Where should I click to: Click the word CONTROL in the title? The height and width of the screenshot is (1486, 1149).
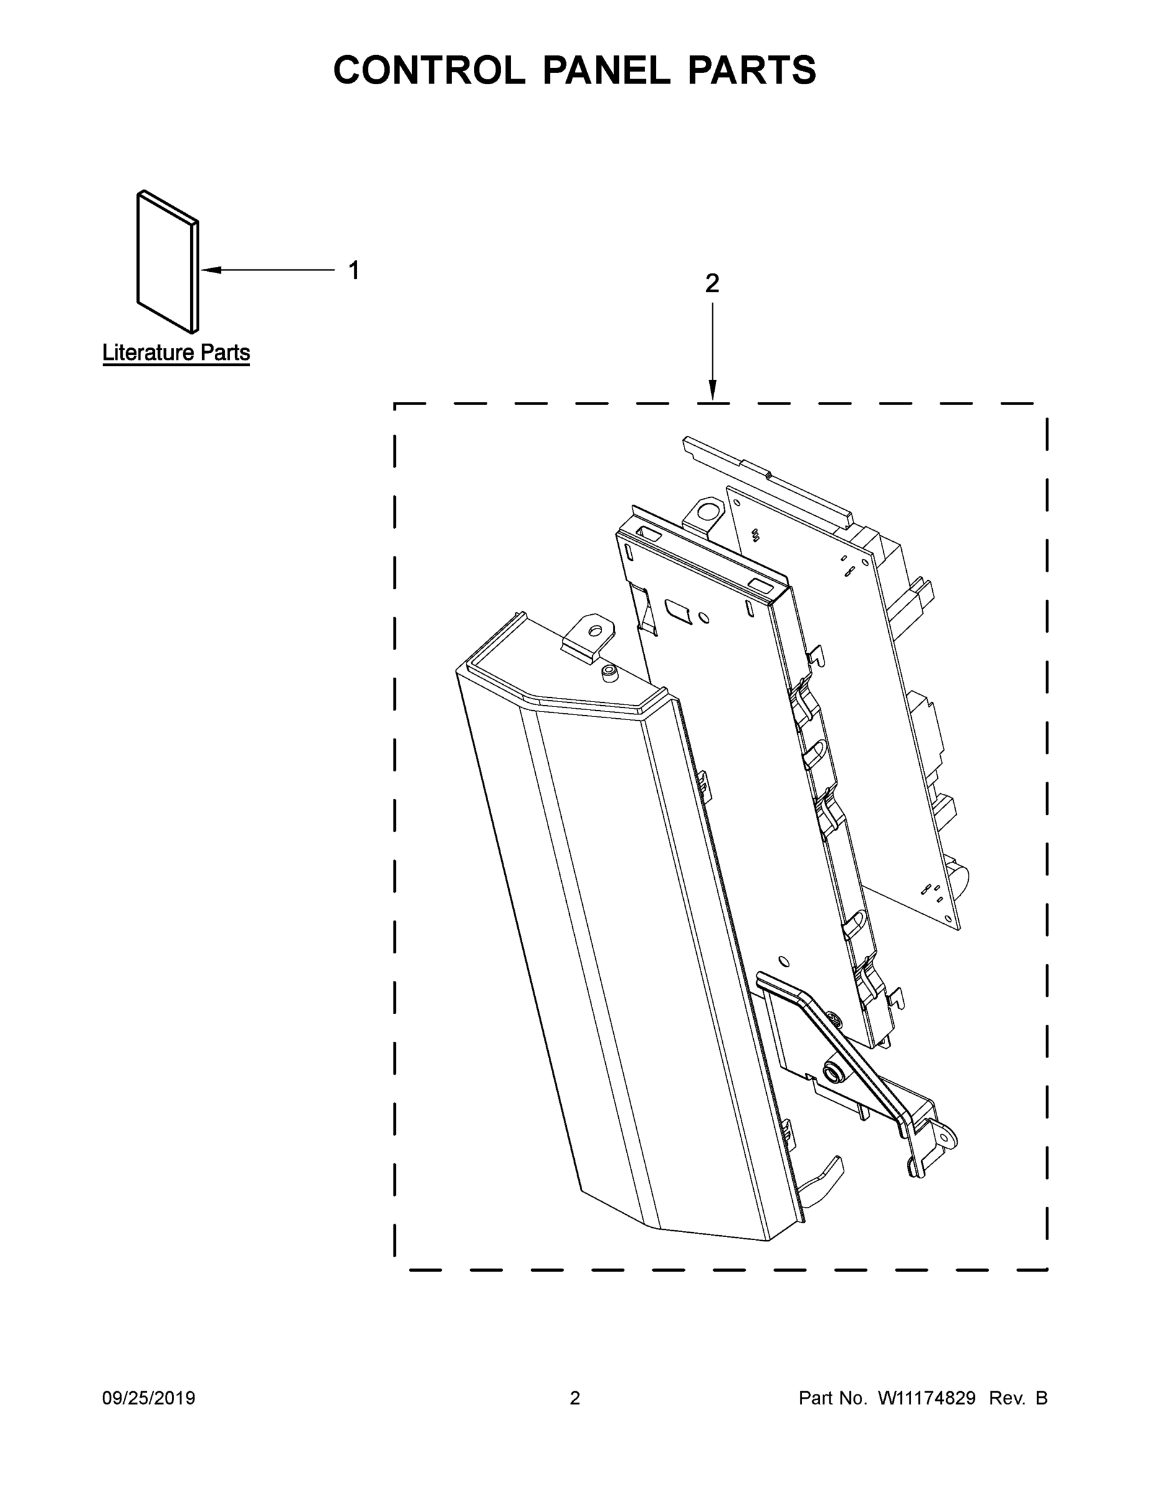click(x=429, y=70)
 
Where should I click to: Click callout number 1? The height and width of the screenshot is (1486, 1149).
click(x=353, y=270)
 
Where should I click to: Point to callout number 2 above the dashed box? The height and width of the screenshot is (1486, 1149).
click(x=712, y=283)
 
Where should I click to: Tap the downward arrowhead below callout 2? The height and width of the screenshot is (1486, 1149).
click(x=712, y=392)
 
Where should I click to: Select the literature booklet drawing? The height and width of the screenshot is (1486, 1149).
click(x=167, y=262)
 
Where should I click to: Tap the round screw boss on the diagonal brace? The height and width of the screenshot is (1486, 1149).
click(x=832, y=1074)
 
